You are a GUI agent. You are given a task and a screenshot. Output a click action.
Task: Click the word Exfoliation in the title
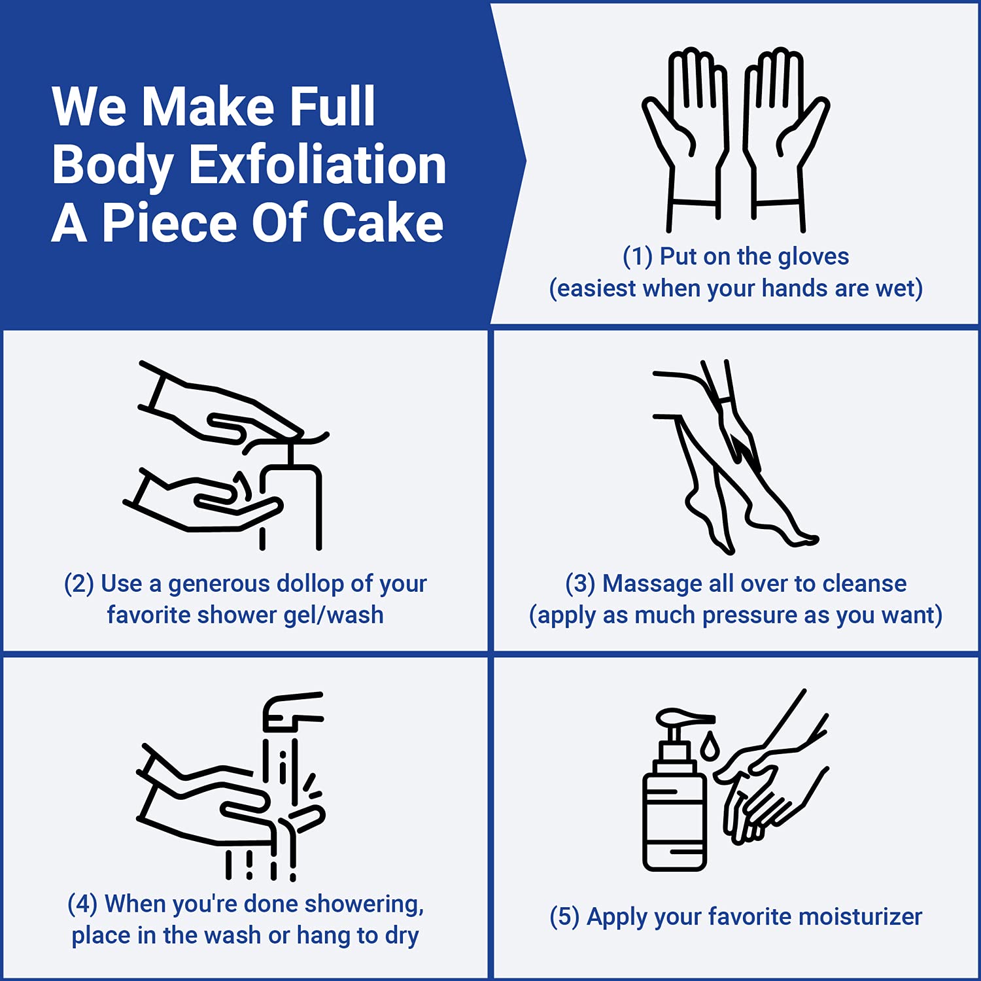[x=317, y=165]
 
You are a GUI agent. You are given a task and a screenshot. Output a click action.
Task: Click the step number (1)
[x=638, y=256]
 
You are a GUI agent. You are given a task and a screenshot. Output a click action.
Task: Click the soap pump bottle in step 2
[x=291, y=497]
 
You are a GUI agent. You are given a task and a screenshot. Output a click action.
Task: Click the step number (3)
[x=580, y=583]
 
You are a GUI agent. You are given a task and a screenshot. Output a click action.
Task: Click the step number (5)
[x=564, y=917]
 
